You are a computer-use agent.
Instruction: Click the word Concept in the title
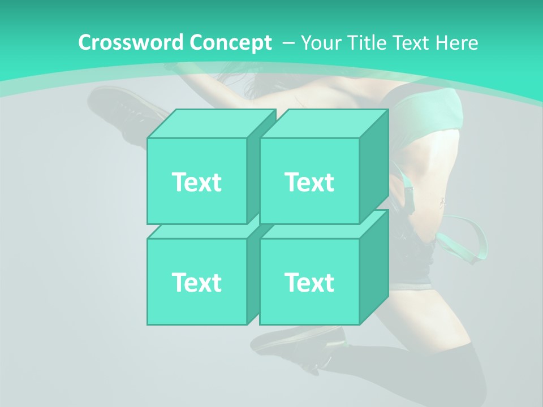click(230, 42)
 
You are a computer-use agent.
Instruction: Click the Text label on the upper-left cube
click(196, 182)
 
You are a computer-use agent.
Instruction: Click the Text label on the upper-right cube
click(309, 182)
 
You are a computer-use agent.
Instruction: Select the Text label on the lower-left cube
click(196, 282)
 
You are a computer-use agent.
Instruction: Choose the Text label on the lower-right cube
click(309, 282)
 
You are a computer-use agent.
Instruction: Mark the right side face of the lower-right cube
click(374, 269)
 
